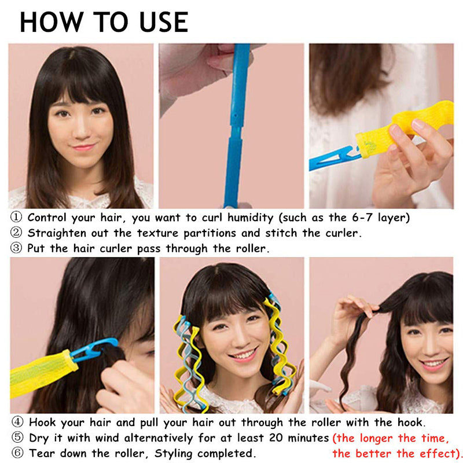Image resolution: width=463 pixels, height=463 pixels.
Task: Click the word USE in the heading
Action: (164, 22)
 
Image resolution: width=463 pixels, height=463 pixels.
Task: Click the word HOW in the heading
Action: (52, 22)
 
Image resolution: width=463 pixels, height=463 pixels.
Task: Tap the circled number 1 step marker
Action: (16, 218)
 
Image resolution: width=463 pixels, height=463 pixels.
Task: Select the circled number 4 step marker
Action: (17, 422)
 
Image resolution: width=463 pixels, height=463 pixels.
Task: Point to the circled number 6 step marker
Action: (17, 453)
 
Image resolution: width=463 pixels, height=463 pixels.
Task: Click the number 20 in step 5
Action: (276, 438)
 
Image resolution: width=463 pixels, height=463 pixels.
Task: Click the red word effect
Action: (438, 453)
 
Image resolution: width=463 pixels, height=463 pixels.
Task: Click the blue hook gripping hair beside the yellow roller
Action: (94, 349)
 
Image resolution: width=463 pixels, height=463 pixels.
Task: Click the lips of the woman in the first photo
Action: (84, 147)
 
